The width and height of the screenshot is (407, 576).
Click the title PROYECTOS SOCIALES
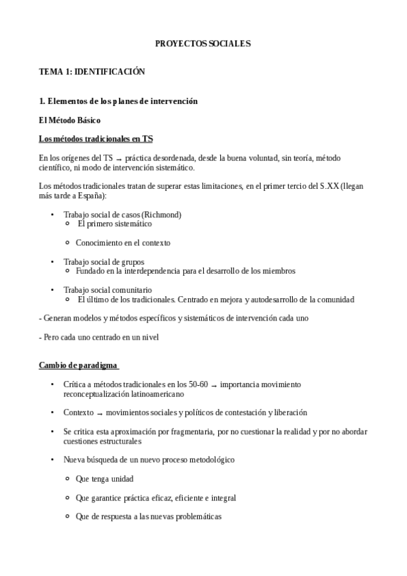[x=203, y=43]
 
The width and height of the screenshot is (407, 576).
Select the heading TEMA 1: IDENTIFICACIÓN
[x=92, y=71]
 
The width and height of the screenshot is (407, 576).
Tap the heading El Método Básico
[x=70, y=120]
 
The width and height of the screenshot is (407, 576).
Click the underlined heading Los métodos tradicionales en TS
[x=96, y=139]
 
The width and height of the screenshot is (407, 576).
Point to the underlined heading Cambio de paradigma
[x=79, y=366]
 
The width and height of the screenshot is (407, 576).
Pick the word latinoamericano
[x=153, y=393]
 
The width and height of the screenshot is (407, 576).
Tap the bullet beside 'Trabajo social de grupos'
[x=52, y=262]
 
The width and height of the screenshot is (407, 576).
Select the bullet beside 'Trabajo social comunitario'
[x=52, y=290]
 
